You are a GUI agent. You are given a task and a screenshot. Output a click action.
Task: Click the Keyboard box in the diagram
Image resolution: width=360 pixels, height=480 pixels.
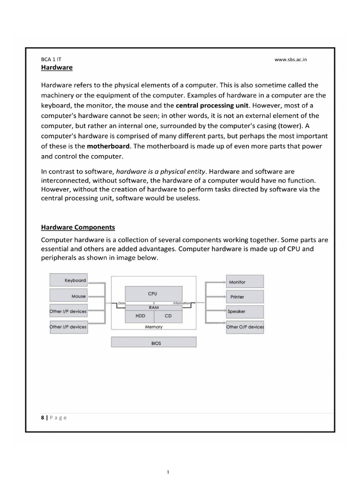(68, 280)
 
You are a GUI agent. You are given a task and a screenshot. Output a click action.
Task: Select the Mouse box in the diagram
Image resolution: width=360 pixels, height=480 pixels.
(68, 296)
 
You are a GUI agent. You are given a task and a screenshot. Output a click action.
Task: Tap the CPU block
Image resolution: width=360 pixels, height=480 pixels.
(153, 294)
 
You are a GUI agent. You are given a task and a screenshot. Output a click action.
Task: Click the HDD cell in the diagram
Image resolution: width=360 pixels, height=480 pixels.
(140, 316)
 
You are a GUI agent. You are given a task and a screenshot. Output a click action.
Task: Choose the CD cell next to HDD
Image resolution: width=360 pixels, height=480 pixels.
(168, 316)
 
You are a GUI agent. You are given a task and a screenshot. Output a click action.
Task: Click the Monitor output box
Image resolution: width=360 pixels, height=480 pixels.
(245, 282)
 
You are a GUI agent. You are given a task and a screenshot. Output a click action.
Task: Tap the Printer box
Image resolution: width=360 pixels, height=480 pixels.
(245, 297)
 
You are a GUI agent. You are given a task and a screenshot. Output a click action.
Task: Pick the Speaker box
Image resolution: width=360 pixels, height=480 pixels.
(245, 311)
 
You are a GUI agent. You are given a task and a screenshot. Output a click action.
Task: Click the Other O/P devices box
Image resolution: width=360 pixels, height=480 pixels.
(245, 327)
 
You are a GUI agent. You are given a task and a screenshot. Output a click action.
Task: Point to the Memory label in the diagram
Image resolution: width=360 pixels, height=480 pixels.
(154, 327)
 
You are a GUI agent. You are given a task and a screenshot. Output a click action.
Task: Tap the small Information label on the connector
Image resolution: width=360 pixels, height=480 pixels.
(181, 303)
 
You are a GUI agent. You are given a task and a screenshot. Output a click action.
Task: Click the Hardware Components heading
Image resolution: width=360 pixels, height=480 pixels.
(78, 227)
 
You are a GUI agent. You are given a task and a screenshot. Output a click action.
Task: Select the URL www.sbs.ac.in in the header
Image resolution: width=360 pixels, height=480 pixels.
(291, 60)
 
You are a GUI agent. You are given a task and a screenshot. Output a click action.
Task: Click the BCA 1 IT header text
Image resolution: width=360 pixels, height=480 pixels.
(52, 60)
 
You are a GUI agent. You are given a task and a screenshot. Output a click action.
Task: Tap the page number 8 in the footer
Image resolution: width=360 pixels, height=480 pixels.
(43, 418)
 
